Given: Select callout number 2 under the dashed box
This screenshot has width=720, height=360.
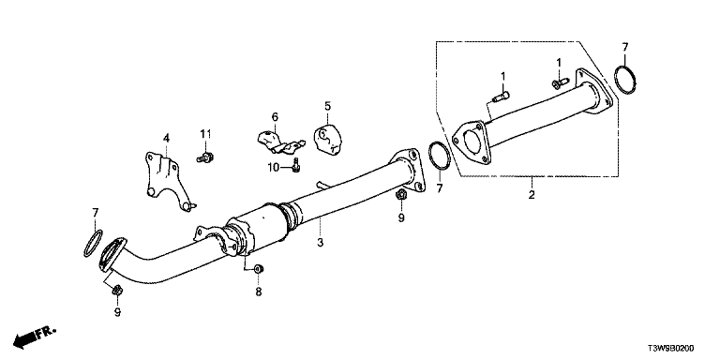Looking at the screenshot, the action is pos(532,195).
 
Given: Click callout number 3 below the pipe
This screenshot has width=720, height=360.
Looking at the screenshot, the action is pos(320,242).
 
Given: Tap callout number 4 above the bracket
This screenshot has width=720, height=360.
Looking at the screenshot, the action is pos(166,138).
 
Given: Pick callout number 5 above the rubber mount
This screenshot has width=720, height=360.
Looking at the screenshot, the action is pos(327,106).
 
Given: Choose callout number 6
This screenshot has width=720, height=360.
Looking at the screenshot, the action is pos(275,117).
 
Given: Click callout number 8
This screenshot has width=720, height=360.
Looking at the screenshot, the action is pos(259,292).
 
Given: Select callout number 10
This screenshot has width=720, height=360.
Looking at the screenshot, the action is pos(274,168).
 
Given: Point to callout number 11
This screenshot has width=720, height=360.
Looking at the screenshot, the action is pos(205,134).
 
